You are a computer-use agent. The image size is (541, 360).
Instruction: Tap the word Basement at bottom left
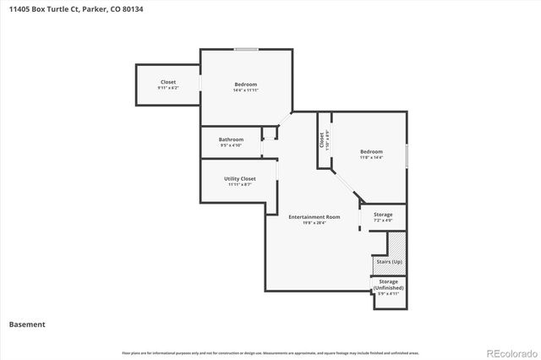[x=27, y=324]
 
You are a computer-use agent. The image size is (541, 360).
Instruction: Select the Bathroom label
[x=231, y=139]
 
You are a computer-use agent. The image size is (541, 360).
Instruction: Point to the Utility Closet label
[x=239, y=179]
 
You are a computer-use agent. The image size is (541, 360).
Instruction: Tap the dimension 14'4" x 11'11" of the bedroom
[x=246, y=90]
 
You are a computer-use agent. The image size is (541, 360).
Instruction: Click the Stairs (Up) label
[x=388, y=262]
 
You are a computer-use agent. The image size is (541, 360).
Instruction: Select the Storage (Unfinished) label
[x=388, y=284]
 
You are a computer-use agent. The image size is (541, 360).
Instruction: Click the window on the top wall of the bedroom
[x=246, y=50]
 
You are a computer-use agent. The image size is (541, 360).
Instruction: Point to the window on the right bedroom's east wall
[x=407, y=155]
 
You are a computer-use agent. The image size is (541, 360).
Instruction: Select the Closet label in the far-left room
[x=168, y=82]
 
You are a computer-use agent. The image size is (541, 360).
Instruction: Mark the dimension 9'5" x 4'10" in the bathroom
[x=231, y=145]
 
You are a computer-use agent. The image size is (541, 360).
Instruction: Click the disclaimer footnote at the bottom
[x=270, y=352]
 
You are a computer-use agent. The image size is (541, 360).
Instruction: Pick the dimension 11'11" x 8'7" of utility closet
[x=239, y=185]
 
